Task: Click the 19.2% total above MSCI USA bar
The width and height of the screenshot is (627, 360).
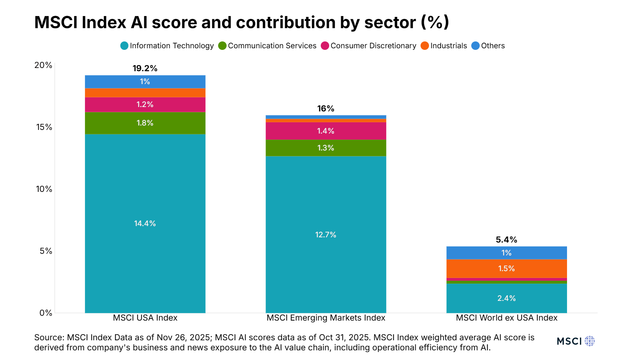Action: point(145,68)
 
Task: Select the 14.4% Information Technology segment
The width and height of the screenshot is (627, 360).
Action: point(145,223)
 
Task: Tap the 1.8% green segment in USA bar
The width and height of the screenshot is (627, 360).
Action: point(145,123)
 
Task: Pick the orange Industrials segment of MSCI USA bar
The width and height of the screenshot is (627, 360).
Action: point(145,93)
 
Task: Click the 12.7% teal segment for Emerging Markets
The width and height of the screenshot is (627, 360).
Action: point(326,235)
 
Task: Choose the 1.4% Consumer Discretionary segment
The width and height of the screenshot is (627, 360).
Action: point(326,131)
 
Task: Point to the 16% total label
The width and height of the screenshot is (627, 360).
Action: point(326,109)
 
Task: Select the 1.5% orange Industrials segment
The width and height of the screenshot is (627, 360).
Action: point(506,268)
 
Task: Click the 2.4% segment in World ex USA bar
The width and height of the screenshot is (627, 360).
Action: point(506,298)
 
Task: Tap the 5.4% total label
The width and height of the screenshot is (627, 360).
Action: point(506,240)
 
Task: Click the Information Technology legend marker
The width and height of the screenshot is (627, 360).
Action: point(124,46)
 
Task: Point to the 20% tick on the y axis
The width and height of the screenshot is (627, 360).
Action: point(43,65)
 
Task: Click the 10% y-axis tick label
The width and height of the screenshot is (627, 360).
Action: point(44,189)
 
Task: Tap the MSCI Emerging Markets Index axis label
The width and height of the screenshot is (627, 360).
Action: point(326,318)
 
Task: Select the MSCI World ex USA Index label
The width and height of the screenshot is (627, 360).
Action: point(506,318)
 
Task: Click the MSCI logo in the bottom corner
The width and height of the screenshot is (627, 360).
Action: point(575,341)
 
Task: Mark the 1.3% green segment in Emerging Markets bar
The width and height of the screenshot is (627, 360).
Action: point(326,148)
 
